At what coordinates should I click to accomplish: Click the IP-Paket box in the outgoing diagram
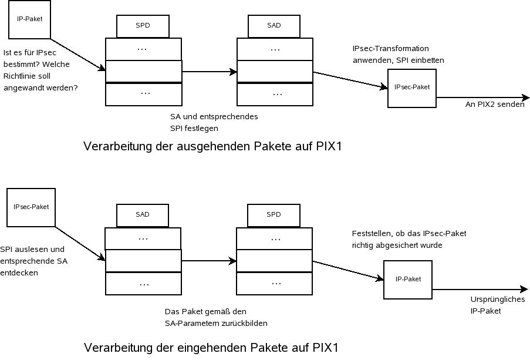(x=29, y=19)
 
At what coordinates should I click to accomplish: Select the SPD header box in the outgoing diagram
(x=142, y=26)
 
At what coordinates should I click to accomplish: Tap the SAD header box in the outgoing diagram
(x=274, y=26)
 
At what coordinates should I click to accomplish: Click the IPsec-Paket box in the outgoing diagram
(x=411, y=88)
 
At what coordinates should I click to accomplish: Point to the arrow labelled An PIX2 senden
(x=481, y=97)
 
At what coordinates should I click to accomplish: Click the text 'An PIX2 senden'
(x=494, y=105)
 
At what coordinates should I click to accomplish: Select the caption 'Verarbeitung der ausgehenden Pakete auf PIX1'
(x=212, y=146)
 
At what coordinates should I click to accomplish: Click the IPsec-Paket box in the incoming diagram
(x=31, y=207)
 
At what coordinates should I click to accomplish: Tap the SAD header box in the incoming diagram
(x=142, y=215)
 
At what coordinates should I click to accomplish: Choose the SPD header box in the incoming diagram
(x=274, y=215)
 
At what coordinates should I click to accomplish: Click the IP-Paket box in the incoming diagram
(x=408, y=280)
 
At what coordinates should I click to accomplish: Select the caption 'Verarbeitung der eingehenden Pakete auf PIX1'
(x=211, y=347)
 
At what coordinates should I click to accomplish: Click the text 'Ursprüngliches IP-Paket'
(x=489, y=305)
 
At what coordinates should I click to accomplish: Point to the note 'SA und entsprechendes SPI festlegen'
(x=214, y=122)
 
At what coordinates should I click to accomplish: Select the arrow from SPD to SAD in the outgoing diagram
(x=209, y=72)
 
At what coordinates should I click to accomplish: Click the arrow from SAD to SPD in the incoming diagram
(x=208, y=261)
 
